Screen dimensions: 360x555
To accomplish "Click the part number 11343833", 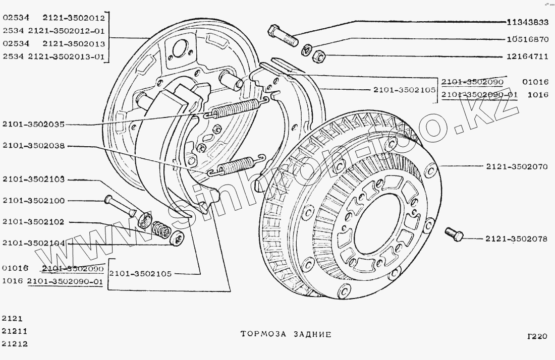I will pos(528,23).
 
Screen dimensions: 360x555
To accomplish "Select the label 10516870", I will pos(528,39).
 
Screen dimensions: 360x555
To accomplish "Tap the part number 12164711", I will pos(528,56).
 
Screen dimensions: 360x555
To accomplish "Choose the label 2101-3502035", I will pos(33,124).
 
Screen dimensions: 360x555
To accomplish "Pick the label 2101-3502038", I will pos(33,146).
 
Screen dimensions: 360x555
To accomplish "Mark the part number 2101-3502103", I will pos(33,179).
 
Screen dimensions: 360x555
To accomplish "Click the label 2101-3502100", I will pos(33,201).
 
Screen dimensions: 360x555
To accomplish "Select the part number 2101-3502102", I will pos(33,222).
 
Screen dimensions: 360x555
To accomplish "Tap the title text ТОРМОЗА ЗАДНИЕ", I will pos(286,334).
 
